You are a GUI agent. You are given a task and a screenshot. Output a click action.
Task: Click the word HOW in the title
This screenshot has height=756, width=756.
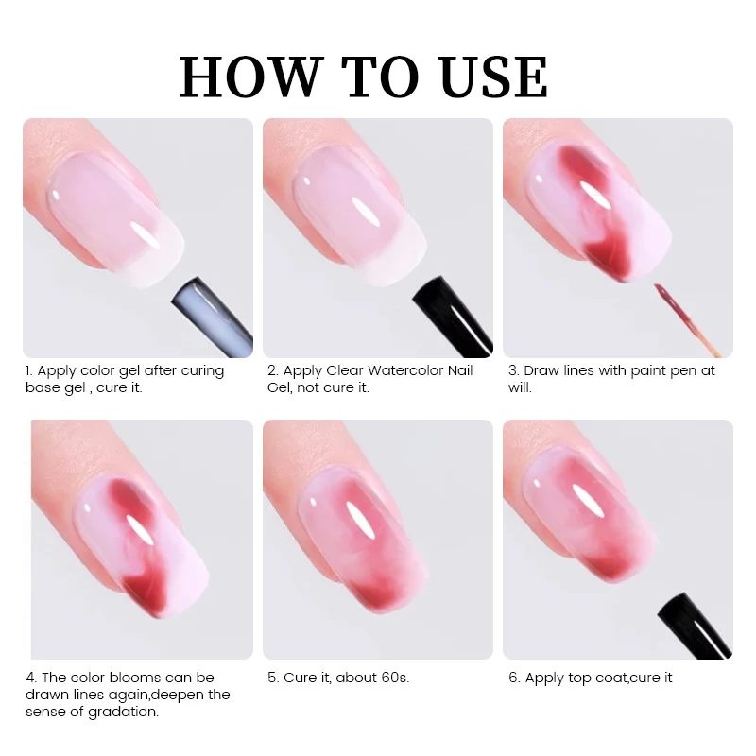coord(250,77)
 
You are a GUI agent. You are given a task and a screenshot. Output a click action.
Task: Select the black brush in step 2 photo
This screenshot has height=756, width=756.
coord(453,316)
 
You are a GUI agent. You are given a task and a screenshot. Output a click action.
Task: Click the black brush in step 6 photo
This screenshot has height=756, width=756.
coord(695,626)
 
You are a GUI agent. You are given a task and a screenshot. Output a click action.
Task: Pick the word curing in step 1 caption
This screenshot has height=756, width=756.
coord(202,371)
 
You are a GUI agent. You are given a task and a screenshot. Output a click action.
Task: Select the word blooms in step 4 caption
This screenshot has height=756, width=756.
coord(135,678)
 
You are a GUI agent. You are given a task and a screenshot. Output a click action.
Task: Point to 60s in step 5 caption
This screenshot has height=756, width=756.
coord(395,678)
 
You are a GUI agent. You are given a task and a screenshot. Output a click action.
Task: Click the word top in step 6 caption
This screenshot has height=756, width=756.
coord(579,678)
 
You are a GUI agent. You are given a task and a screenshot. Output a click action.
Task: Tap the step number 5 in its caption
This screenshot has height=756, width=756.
coord(272,678)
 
